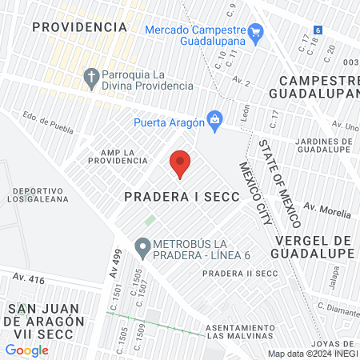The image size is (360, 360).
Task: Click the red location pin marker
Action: click(x=180, y=163)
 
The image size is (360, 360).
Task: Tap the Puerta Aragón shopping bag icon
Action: click(x=214, y=120)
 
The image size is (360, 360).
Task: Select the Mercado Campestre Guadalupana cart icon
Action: click(x=256, y=33)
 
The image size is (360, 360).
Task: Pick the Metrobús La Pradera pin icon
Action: click(x=142, y=249)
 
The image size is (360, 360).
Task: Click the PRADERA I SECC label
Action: click(x=182, y=197)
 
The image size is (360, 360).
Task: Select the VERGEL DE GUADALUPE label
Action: click(x=314, y=247)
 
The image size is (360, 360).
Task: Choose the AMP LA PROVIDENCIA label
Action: click(x=118, y=155)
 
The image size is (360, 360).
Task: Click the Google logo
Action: click(x=26, y=350)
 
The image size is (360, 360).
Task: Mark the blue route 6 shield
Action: click(x=318, y=30)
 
